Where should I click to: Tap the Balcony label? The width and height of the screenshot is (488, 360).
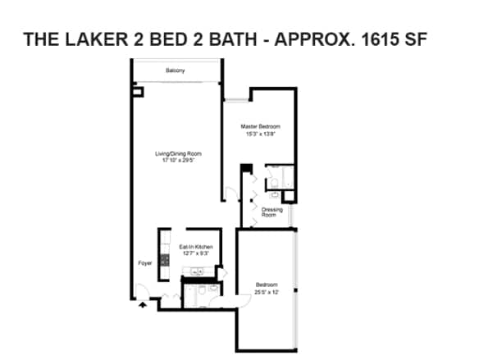[x=175, y=71]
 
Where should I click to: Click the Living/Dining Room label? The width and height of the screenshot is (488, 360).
[x=179, y=153]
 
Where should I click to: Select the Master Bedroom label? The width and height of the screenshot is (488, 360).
[x=260, y=126]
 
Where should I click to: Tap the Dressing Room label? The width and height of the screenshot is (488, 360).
[x=272, y=212]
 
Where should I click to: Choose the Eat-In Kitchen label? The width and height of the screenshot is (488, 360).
[x=197, y=247]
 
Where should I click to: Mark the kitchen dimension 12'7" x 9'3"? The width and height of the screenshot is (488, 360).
[x=197, y=253]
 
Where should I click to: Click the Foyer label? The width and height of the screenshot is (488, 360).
[x=144, y=263]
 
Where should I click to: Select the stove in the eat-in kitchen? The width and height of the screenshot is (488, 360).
[x=164, y=259]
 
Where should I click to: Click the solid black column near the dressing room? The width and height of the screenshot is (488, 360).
[x=243, y=169]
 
